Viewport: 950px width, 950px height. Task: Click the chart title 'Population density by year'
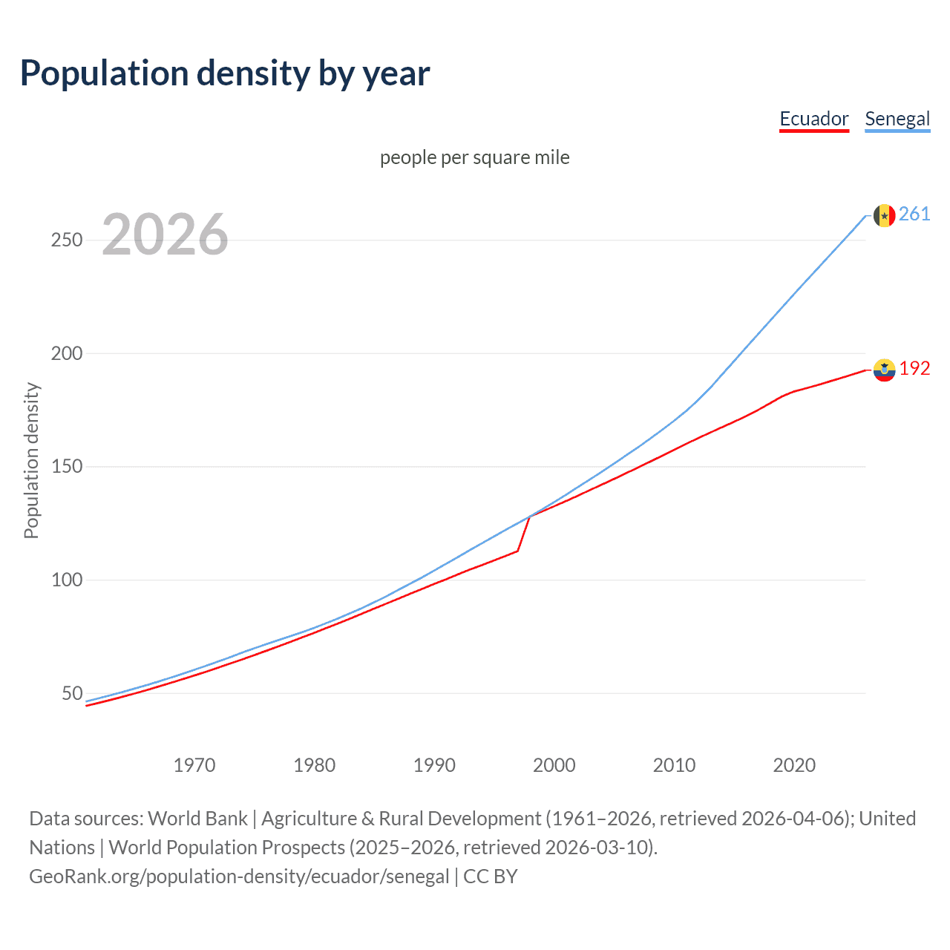(x=225, y=73)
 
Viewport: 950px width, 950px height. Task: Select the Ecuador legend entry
(x=813, y=119)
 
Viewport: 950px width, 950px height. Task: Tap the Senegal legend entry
(x=897, y=119)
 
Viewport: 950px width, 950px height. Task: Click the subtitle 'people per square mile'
(x=474, y=157)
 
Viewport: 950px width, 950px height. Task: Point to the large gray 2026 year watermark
(x=165, y=235)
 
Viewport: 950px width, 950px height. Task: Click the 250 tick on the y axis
(x=67, y=240)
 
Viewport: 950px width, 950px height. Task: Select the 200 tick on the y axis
(x=67, y=353)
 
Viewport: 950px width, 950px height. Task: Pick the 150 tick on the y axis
(x=67, y=467)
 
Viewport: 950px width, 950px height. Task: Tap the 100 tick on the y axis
(x=67, y=580)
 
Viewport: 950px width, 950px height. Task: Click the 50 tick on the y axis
(x=72, y=693)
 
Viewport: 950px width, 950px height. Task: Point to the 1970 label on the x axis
(x=194, y=765)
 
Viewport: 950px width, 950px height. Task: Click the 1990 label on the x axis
(x=434, y=765)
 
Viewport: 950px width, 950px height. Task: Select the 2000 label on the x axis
(x=554, y=765)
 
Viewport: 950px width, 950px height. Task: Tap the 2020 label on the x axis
(x=794, y=765)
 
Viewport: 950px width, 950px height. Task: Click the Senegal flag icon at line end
(x=884, y=215)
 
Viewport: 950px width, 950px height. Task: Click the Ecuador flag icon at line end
(x=884, y=370)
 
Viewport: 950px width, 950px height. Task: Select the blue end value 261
(x=914, y=214)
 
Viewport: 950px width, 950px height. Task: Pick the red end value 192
(x=914, y=369)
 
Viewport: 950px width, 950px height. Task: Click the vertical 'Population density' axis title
(x=31, y=460)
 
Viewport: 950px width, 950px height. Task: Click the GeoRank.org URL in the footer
(x=239, y=877)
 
